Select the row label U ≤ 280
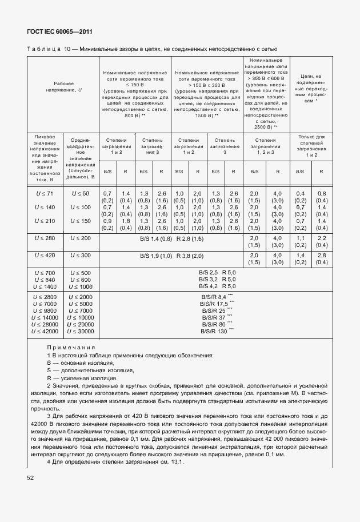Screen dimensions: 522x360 [45, 237]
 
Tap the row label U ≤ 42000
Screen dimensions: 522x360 [45, 331]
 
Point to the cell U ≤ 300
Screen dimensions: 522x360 [81, 256]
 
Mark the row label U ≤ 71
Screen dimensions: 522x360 [45, 195]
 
